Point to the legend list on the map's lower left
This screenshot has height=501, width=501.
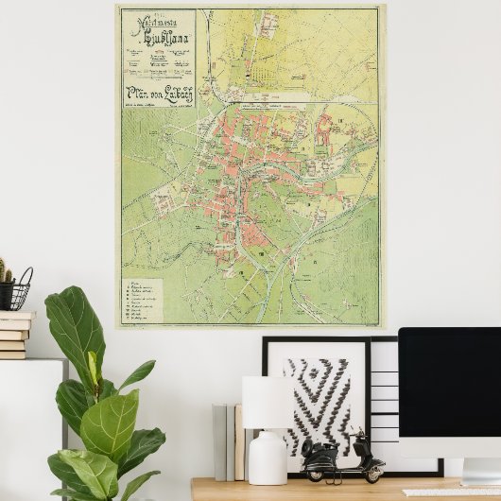[151, 301]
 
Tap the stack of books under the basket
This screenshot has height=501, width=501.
[15, 336]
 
